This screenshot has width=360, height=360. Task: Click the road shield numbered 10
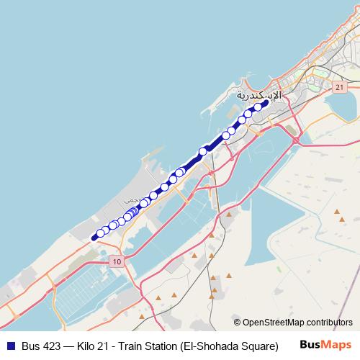tap(117, 261)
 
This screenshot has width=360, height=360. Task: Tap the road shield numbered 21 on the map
tap(337, 86)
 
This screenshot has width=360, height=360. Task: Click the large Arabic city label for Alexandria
tap(258, 95)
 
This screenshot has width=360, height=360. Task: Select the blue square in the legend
tap(9, 346)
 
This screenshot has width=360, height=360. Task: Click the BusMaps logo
tap(326, 345)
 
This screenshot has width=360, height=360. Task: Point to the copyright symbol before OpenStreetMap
tap(237, 323)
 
